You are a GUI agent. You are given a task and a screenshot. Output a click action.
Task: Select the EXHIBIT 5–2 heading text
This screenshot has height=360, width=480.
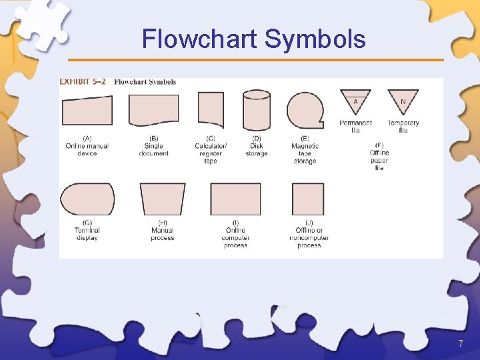coord(82,82)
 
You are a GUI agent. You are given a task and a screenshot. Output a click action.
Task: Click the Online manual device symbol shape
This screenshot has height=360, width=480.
coord(87,111)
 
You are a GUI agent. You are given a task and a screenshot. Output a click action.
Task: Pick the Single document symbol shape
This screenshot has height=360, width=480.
coord(153,109)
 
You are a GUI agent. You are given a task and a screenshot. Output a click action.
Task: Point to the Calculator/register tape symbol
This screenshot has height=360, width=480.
coord(211,109)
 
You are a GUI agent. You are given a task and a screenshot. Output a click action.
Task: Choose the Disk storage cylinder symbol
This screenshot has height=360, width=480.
coord(257,110)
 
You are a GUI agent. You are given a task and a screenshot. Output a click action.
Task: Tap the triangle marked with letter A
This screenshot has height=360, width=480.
coord(356,101)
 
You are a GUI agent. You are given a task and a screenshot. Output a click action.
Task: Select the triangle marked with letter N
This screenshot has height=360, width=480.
coord(403,101)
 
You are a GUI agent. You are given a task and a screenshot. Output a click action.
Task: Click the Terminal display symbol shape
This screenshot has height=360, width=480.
coord(87,199)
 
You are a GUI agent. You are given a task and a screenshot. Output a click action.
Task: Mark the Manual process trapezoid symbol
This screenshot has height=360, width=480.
coord(162,199)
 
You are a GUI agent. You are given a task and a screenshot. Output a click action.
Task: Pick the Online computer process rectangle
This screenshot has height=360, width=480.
coord(235,199)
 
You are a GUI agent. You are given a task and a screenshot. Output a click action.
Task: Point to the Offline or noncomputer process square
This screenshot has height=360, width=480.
coord(308,199)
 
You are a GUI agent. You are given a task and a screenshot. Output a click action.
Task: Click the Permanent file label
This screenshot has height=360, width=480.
coord(356,127)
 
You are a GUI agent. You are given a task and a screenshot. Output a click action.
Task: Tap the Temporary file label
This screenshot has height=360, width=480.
coord(403,127)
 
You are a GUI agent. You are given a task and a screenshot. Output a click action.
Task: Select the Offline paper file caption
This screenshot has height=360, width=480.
coord(379,156)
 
